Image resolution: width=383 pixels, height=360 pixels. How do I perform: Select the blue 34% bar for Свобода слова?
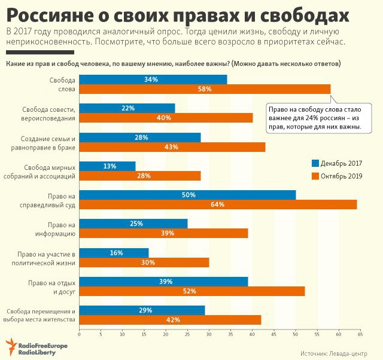[x=153, y=80]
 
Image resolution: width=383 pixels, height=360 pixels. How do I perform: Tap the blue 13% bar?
[x=108, y=166]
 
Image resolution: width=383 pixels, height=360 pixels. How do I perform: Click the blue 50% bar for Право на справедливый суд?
[x=187, y=195]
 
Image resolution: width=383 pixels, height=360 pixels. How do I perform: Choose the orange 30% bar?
[x=144, y=262]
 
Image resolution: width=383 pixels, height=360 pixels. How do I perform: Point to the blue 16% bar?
[x=114, y=253]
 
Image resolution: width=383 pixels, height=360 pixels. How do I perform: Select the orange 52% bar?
[x=191, y=291]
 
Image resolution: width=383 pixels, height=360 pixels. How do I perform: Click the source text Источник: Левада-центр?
[x=338, y=353]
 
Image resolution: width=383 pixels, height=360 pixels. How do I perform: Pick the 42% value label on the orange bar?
[x=173, y=319]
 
